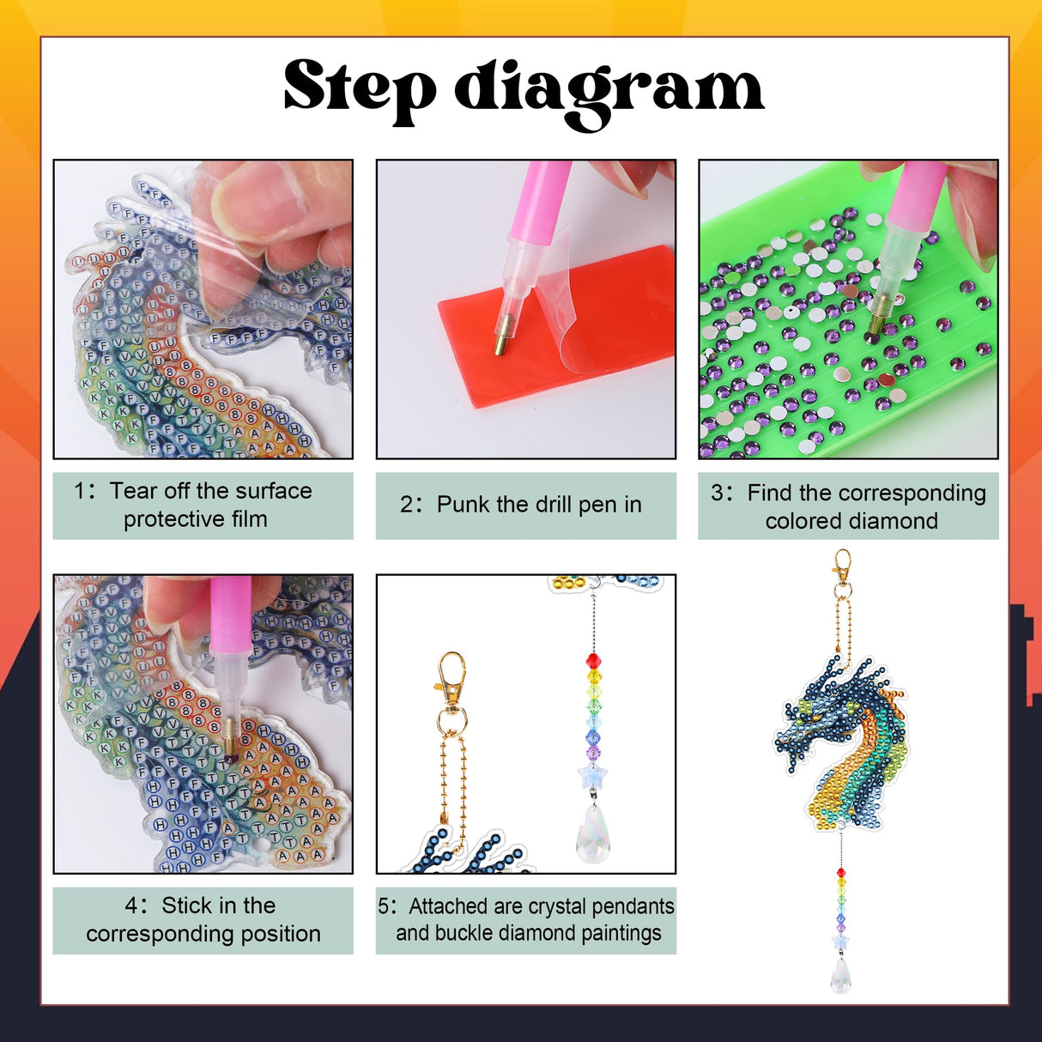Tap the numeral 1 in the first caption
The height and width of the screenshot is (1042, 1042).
coord(82,491)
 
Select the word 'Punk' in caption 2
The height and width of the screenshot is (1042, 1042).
coord(463,505)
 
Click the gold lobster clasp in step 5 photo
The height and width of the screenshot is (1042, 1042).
coord(451,678)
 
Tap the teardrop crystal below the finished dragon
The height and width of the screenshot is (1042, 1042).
coord(841,975)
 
